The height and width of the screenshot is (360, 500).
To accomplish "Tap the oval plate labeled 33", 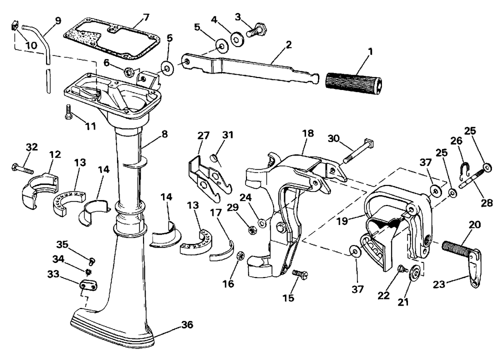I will [88, 286].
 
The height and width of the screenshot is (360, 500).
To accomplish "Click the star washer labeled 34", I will [89, 271].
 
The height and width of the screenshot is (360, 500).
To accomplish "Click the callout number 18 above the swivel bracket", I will [308, 133].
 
